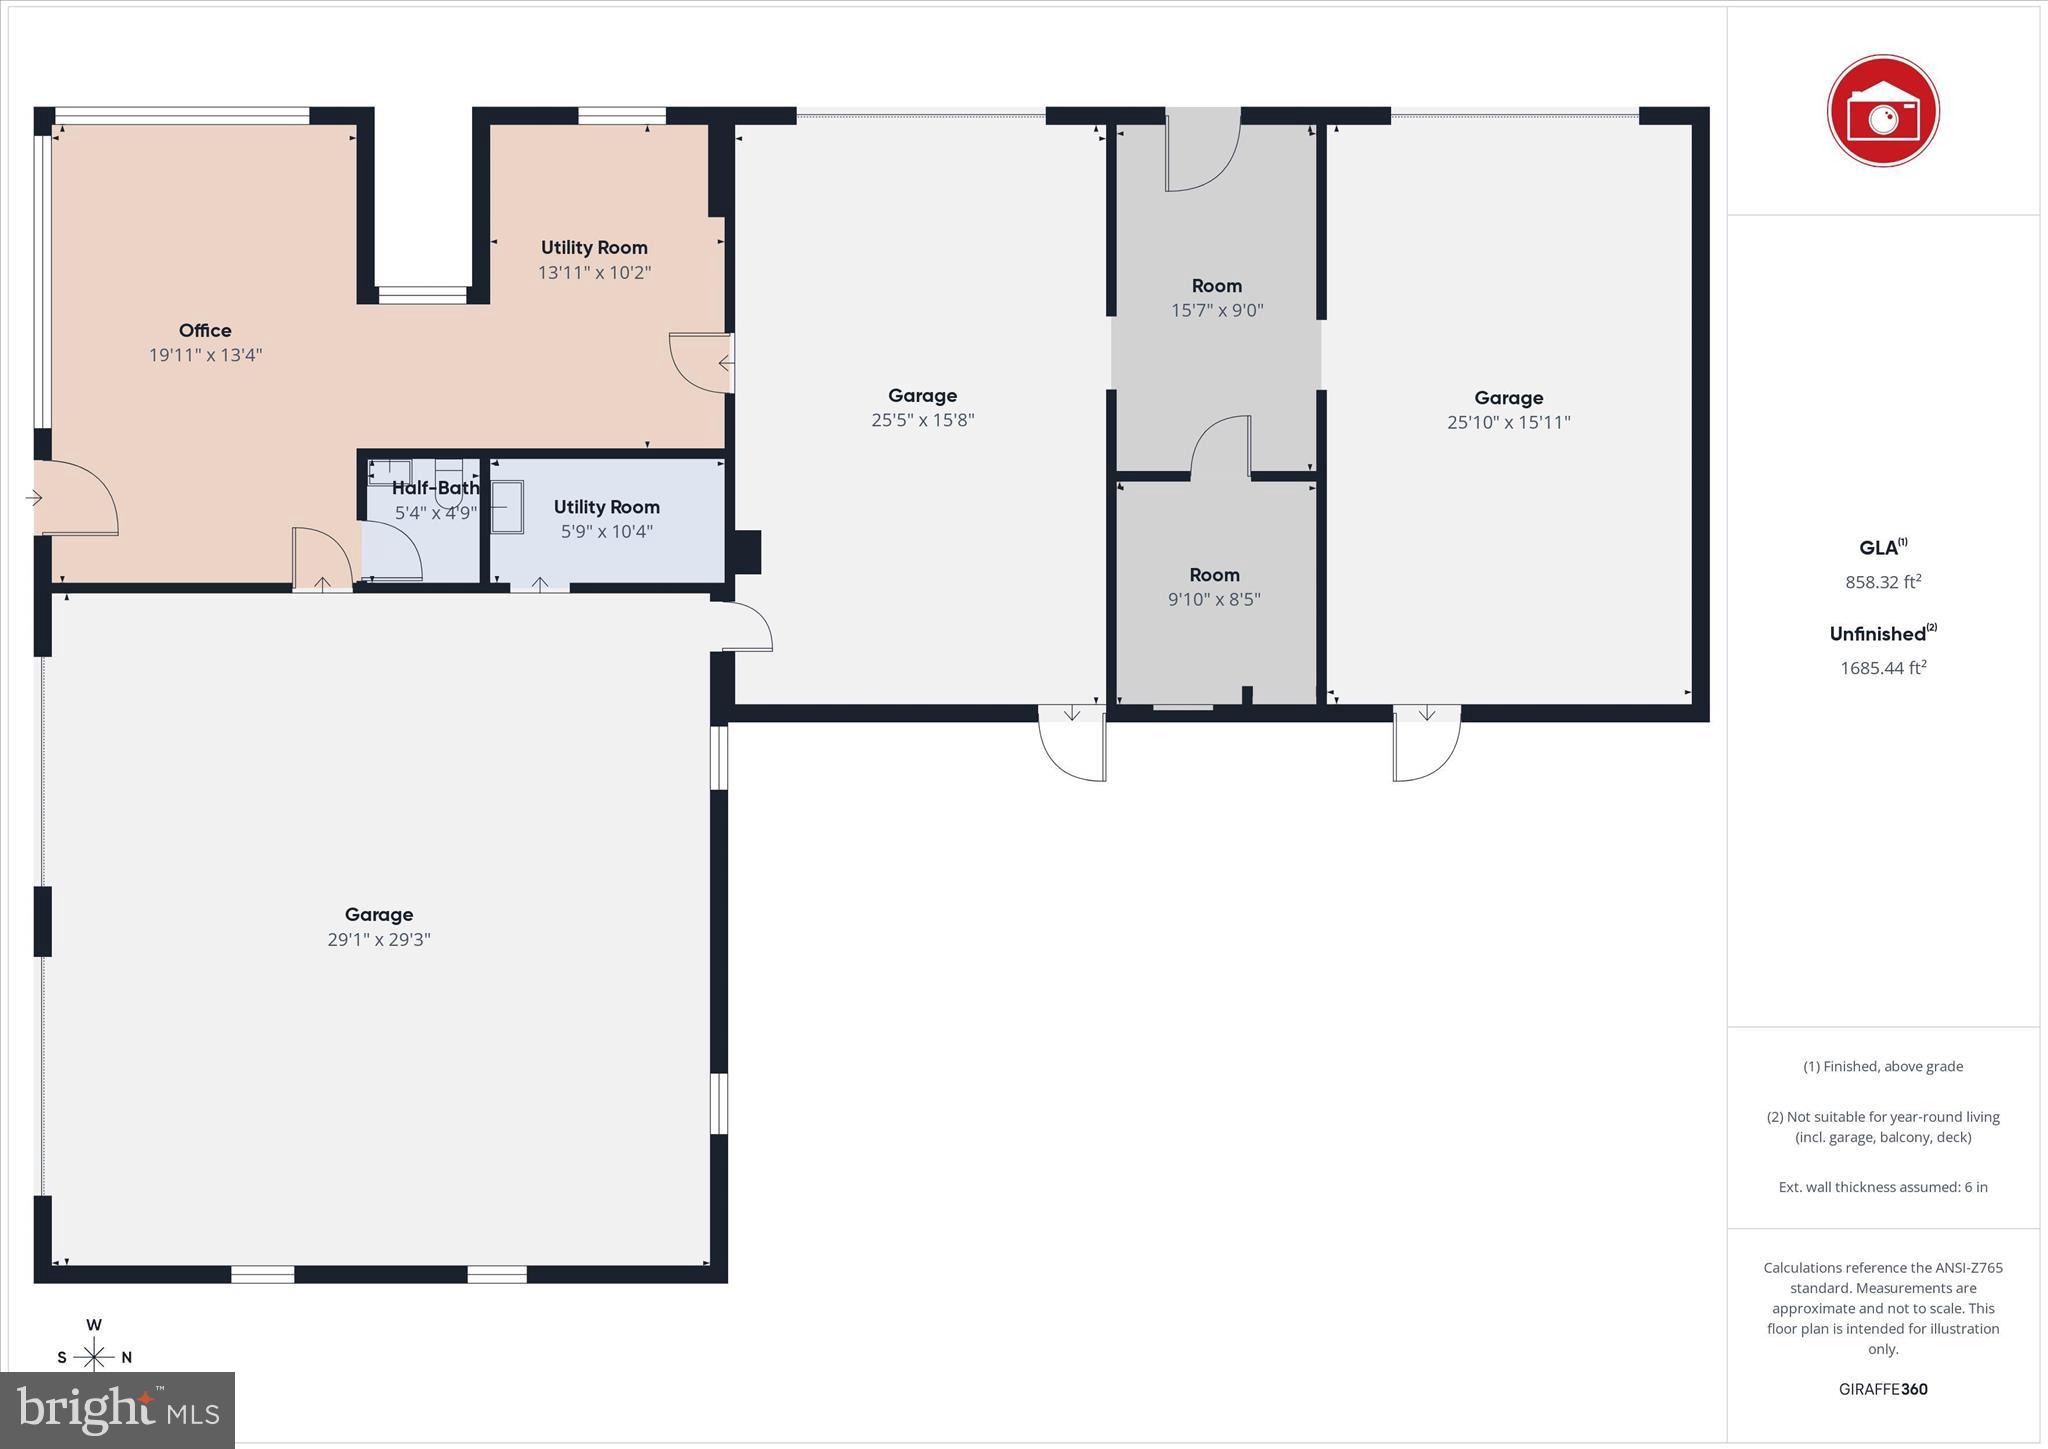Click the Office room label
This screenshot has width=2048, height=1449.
coord(205,330)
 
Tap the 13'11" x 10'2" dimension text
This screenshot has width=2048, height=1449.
coord(594,272)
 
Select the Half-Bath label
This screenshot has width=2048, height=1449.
coord(435,488)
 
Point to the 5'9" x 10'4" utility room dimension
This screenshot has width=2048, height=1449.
coord(606,531)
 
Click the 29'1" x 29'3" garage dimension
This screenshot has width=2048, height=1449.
coord(379,939)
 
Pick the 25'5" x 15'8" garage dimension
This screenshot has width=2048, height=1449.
coord(922,420)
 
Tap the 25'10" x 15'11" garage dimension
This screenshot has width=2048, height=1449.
coord(1508,422)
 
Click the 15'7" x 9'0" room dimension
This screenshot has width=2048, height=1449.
coord(1217,310)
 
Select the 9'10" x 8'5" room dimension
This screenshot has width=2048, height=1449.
coord(1214,599)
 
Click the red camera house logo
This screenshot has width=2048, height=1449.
coord(1883,111)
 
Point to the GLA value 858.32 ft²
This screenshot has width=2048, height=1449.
coord(1883,581)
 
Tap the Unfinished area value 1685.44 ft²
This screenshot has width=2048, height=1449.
coord(1883,667)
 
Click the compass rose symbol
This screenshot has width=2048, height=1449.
coord(94,1356)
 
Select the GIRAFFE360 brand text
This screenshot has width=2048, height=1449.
coord(1883,1389)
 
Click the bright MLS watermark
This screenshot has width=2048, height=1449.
coord(118,1410)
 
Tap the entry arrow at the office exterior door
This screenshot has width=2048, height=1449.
coord(33,497)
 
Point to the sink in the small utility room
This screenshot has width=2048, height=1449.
coord(507,508)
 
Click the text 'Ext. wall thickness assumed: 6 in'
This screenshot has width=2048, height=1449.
coord(1883,1187)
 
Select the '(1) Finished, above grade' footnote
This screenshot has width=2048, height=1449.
coord(1883,1066)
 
